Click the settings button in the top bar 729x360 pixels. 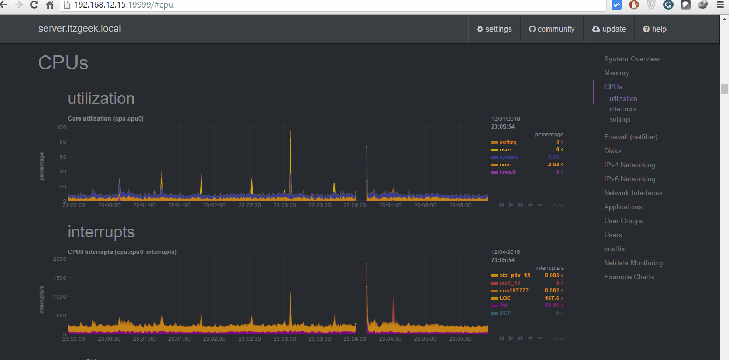(494, 29)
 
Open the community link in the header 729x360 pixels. (552, 29)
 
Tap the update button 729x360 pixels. (609, 29)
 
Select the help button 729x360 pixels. (655, 29)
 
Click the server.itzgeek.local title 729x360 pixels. (79, 29)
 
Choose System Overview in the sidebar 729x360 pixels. (632, 59)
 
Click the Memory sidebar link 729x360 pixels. (616, 73)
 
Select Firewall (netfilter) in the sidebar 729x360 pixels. (630, 137)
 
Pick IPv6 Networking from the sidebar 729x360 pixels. (629, 179)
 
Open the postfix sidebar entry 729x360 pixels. (614, 249)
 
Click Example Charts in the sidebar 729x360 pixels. (629, 277)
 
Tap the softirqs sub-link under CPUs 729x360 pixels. (620, 119)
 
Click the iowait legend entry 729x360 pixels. (508, 172)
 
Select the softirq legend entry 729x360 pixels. (508, 142)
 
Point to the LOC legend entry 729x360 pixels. (505, 298)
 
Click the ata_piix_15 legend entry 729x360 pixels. (514, 275)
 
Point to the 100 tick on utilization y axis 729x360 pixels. (61, 128)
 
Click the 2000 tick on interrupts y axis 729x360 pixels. (59, 259)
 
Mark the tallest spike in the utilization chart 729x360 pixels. (291, 132)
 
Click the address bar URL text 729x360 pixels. (123, 5)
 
